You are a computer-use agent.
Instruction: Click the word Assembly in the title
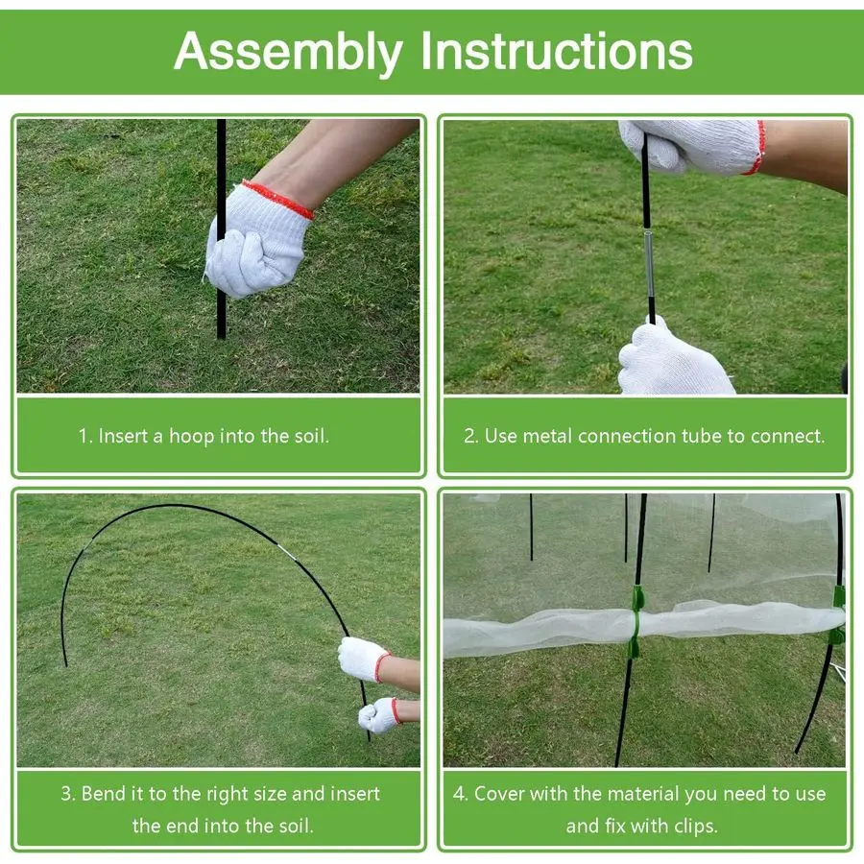(x=289, y=52)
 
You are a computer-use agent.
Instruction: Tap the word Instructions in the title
(x=557, y=51)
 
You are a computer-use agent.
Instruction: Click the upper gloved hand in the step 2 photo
(x=691, y=146)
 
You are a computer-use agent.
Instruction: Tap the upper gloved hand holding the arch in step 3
(x=364, y=660)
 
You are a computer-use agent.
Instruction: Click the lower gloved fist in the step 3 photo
(x=378, y=714)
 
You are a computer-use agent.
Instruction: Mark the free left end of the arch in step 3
(x=66, y=665)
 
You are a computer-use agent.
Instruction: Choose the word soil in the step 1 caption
(x=311, y=436)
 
